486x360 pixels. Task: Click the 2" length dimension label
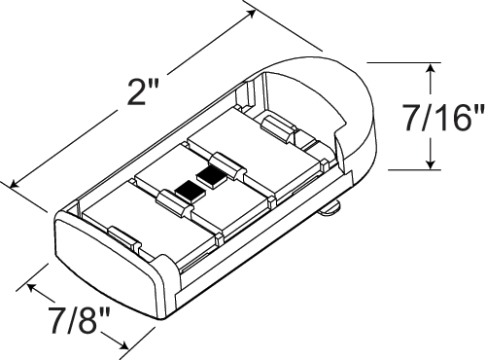pos(143,92)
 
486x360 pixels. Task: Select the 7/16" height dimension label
pos(443,118)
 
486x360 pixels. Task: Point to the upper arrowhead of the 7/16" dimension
pos(431,69)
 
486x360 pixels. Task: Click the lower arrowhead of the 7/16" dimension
pos(431,162)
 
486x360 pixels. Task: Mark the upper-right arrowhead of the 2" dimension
pos(251,14)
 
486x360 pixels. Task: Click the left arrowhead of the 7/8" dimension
pos(33,288)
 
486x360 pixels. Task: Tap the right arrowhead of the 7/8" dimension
pos(120,344)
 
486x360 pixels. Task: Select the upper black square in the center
pos(212,177)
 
